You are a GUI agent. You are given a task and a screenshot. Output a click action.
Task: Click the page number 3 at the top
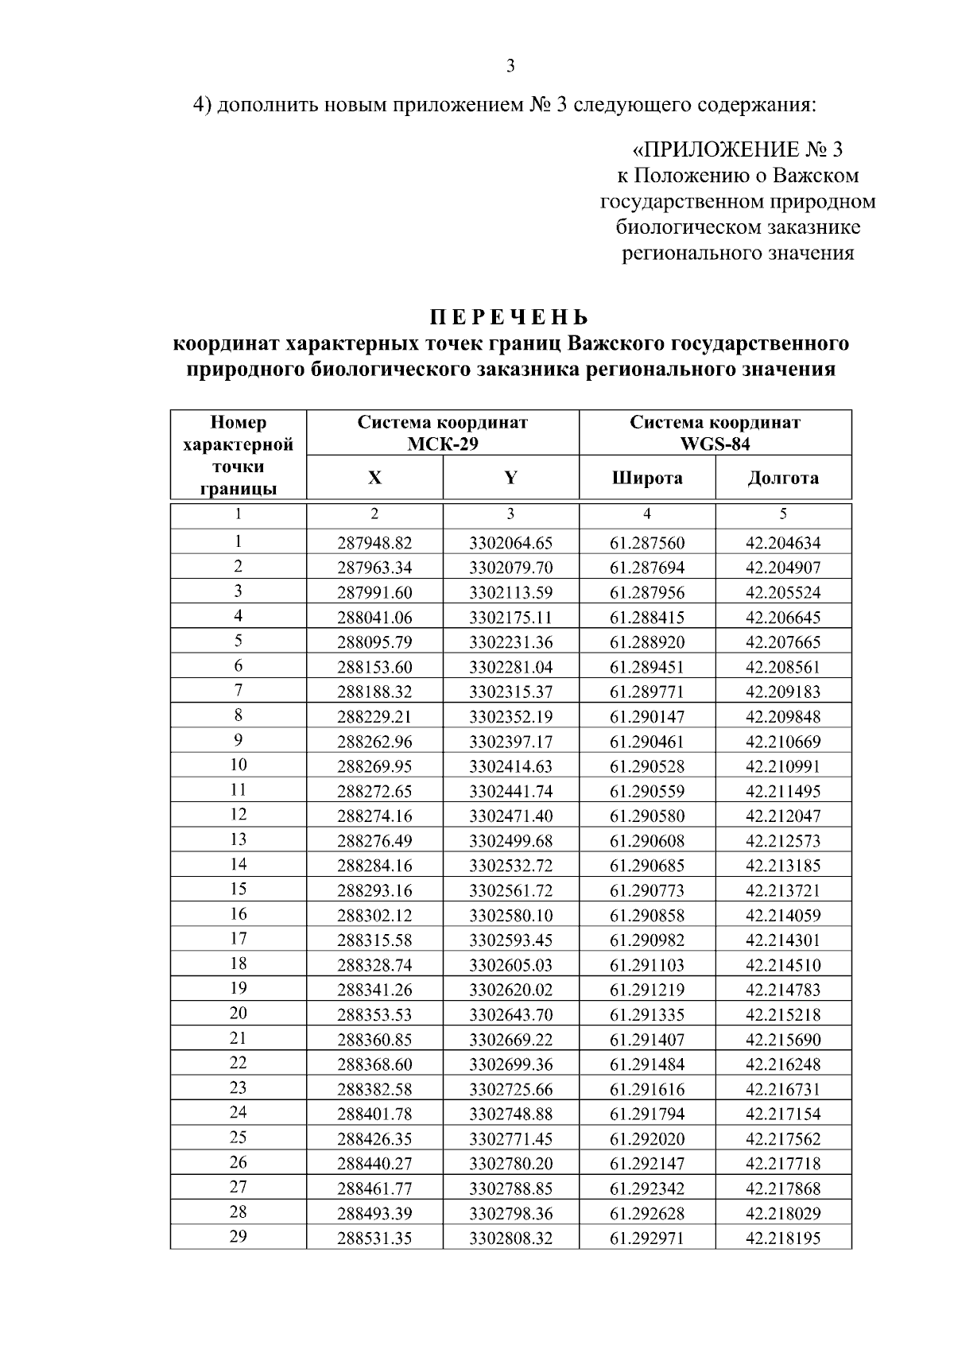(x=510, y=66)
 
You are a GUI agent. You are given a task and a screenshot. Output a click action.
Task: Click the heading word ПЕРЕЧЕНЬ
(x=510, y=318)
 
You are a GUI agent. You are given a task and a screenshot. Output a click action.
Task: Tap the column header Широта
(x=647, y=478)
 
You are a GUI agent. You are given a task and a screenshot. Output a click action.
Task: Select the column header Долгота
(x=783, y=478)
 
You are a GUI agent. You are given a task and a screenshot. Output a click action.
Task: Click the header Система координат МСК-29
(x=442, y=433)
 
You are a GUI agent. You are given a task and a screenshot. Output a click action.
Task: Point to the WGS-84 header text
(x=715, y=444)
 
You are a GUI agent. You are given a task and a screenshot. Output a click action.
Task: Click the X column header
(x=374, y=478)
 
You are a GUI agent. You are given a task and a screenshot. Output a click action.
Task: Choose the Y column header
(x=510, y=478)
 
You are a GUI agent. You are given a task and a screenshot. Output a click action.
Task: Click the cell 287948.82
(x=374, y=543)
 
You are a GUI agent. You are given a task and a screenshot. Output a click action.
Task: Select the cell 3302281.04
(x=510, y=667)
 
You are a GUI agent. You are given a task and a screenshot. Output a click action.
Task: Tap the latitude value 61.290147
(x=647, y=716)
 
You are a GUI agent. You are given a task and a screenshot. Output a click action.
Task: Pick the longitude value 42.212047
(x=783, y=816)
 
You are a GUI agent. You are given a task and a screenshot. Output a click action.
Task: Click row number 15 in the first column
(x=238, y=889)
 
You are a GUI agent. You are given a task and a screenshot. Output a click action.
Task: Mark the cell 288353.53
(x=374, y=1014)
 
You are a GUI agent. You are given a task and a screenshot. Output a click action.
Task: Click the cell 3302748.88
(x=510, y=1114)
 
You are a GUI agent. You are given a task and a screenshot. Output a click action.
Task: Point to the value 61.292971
(x=647, y=1238)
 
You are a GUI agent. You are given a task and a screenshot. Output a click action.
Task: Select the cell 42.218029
(x=783, y=1213)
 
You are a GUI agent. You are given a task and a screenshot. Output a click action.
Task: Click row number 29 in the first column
(x=238, y=1236)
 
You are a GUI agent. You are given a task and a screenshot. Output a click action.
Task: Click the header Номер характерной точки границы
(x=238, y=455)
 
